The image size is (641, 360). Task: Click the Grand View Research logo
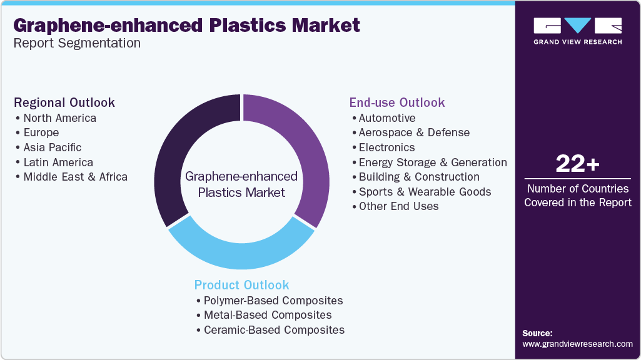pyautogui.click(x=577, y=31)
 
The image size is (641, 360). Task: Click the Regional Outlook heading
pyautogui.click(x=64, y=102)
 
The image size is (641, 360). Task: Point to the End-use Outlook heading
pyautogui.click(x=397, y=102)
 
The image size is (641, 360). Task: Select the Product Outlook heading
pyautogui.click(x=242, y=285)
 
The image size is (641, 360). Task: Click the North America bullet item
pyautogui.click(x=59, y=117)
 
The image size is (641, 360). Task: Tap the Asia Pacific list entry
pyautogui.click(x=52, y=147)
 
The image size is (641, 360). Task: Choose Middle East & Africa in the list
pyautogui.click(x=75, y=176)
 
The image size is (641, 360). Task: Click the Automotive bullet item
pyautogui.click(x=386, y=117)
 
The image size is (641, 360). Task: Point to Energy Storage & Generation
pyautogui.click(x=433, y=162)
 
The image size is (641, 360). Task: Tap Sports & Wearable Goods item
pyautogui.click(x=425, y=191)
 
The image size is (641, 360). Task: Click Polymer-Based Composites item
pyautogui.click(x=273, y=300)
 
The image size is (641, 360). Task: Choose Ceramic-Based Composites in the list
pyautogui.click(x=274, y=329)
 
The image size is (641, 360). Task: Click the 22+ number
pyautogui.click(x=577, y=164)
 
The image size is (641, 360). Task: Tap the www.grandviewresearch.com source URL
pyautogui.click(x=577, y=344)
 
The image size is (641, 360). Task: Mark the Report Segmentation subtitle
pyautogui.click(x=77, y=43)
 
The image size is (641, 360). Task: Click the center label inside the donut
pyautogui.click(x=241, y=184)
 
